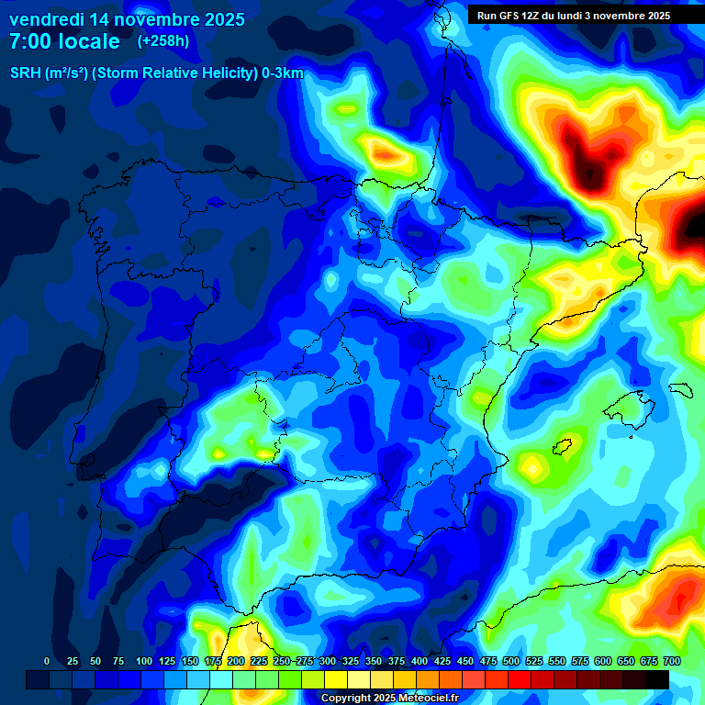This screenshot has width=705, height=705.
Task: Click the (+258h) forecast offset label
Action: click(x=162, y=41)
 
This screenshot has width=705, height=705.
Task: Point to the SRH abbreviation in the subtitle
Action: click(x=25, y=74)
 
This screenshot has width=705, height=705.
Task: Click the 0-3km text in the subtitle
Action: click(x=283, y=74)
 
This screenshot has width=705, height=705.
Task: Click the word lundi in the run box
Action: click(x=577, y=16)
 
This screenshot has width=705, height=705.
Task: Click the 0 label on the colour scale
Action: click(x=47, y=661)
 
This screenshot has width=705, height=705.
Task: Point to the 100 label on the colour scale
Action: click(x=143, y=661)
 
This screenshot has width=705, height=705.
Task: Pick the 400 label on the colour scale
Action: click(x=420, y=661)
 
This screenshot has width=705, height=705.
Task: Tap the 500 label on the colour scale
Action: click(x=511, y=661)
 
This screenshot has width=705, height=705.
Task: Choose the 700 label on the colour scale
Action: click(x=672, y=661)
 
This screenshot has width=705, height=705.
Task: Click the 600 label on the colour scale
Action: click(x=603, y=661)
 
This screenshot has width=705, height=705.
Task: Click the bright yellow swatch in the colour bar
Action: click(x=336, y=679)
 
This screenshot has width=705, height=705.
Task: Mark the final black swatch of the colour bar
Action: click(x=657, y=679)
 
